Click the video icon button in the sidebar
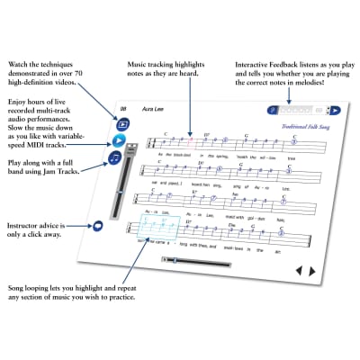[123, 122]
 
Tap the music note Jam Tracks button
[115, 158]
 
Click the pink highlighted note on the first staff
[190, 141]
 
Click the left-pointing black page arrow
[301, 270]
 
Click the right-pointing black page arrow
[312, 271]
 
